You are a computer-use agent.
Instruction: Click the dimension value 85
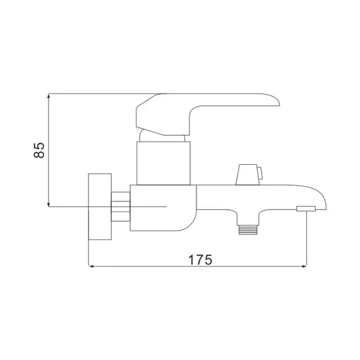point(39,150)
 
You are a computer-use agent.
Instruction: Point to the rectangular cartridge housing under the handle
point(164,163)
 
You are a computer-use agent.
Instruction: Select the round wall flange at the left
point(99,206)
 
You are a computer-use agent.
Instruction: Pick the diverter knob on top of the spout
point(248,174)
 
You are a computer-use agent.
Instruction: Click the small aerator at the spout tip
point(306,208)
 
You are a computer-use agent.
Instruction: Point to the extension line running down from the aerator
point(306,240)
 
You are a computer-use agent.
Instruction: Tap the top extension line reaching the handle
point(95,94)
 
